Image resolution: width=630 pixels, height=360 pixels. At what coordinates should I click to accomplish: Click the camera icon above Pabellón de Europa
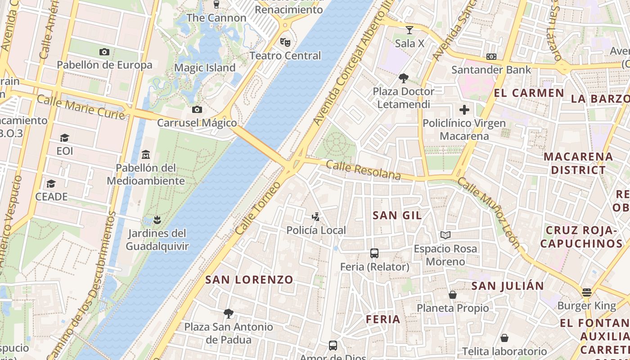pos(104,52)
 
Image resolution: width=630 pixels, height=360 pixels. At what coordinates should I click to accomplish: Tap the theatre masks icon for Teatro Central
pos(285,42)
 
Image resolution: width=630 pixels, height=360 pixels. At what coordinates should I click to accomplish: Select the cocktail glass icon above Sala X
pos(409,30)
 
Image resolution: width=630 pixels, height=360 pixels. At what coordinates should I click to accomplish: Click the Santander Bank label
pos(491,70)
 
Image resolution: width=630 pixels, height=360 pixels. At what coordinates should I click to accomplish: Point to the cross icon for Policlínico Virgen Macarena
pos(464,110)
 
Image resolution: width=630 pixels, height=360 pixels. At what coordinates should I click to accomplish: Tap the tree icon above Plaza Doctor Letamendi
pos(404,78)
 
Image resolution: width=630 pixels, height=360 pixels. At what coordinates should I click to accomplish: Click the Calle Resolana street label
pos(363,170)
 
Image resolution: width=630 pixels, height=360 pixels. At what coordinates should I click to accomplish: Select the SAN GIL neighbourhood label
pos(397,216)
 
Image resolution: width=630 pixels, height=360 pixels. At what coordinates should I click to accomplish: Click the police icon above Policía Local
pos(316,217)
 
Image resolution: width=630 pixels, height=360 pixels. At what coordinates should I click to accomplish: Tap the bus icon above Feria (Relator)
pos(374,253)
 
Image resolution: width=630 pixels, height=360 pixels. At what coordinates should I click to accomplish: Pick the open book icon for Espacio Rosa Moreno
pos(445,235)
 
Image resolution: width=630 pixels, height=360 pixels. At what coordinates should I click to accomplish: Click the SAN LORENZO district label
pos(249,279)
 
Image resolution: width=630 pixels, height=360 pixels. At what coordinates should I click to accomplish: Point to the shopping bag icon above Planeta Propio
pos(453,295)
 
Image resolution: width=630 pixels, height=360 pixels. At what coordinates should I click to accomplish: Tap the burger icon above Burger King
pos(586,292)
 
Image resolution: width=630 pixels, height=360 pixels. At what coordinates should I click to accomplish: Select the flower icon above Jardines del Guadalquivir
pos(157,220)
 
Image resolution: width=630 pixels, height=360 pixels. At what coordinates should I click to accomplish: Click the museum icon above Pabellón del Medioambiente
pos(146,155)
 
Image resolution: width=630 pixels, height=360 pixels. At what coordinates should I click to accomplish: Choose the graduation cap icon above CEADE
pos(51,184)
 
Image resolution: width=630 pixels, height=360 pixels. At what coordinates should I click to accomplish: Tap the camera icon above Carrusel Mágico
pos(197,110)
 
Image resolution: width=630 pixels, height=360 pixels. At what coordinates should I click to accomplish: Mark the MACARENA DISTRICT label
pos(578,163)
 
